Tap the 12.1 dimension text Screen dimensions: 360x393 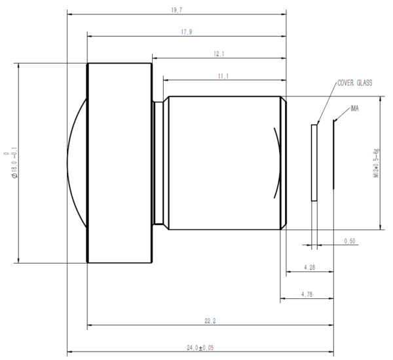219,54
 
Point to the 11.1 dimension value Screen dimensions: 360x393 224,76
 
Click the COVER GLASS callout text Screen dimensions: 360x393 354,84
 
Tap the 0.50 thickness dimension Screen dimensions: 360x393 350,241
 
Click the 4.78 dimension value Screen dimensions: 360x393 307,294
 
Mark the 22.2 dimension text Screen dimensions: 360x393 210,319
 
